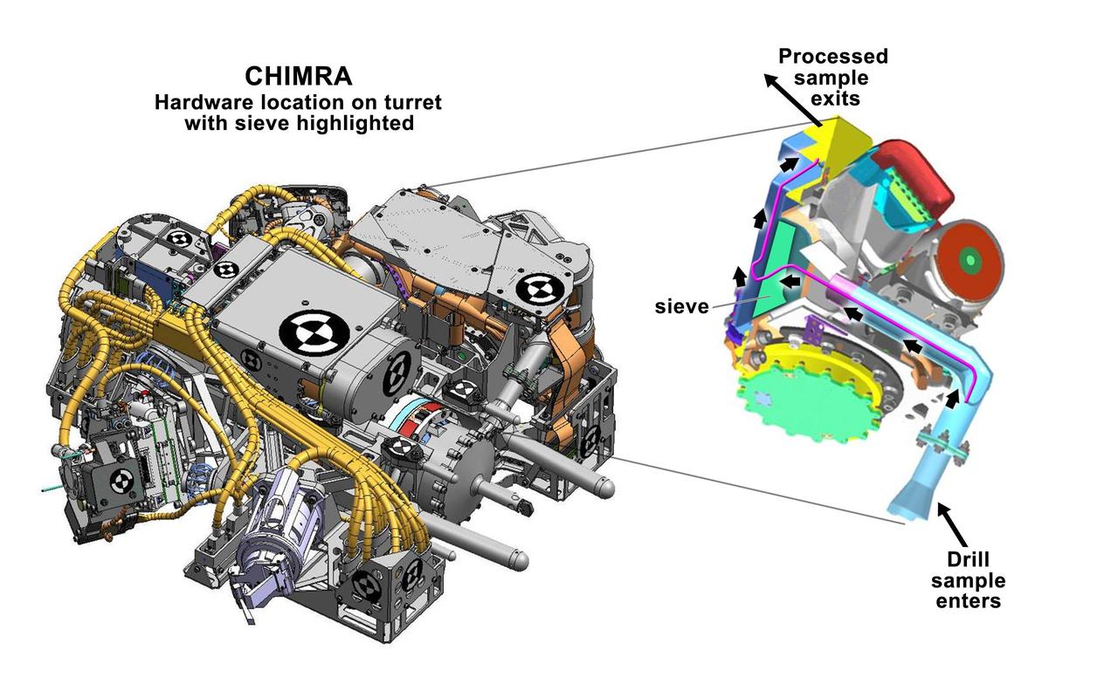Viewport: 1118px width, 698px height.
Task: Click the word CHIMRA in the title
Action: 298,76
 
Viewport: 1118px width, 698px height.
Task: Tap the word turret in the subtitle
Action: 410,102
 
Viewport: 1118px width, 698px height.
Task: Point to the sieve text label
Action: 681,306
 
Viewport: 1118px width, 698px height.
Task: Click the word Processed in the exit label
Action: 832,57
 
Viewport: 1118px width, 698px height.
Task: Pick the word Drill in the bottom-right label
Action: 967,559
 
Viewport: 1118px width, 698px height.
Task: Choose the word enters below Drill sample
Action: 967,601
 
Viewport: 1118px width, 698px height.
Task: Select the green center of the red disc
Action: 968,259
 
